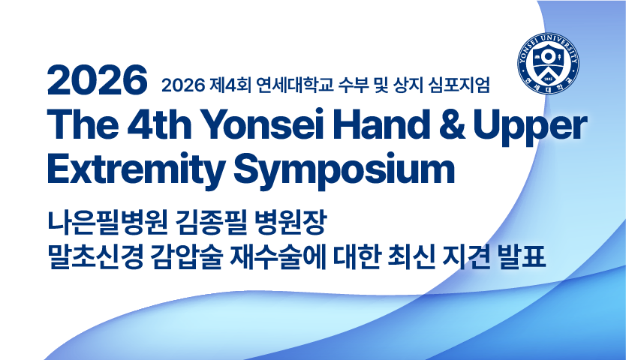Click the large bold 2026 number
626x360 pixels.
[98, 79]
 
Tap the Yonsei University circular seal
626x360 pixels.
[549, 64]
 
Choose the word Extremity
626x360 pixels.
[136, 169]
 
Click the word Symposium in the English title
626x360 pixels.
[345, 169]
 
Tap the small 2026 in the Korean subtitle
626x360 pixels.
[183, 85]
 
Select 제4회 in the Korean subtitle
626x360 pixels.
[230, 85]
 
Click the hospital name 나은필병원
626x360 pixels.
[107, 223]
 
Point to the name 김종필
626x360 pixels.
[210, 223]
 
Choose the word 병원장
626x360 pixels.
[290, 223]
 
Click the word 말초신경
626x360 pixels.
[95, 257]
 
